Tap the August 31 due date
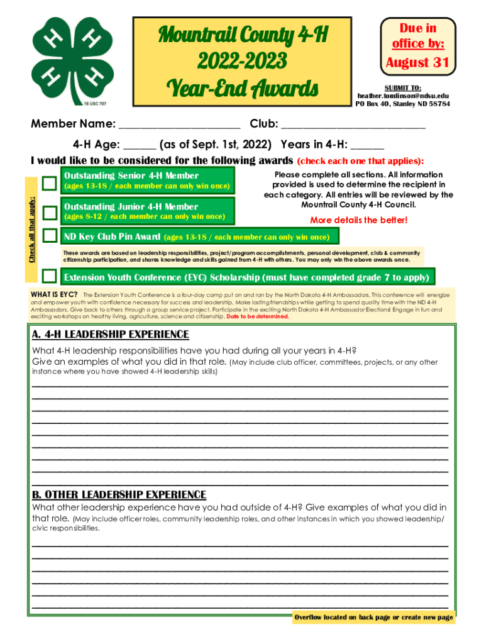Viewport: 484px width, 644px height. (x=417, y=62)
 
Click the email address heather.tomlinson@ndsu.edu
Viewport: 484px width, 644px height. (x=403, y=96)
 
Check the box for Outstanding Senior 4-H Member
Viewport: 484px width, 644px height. (x=50, y=183)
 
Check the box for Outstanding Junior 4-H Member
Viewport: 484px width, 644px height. (x=50, y=213)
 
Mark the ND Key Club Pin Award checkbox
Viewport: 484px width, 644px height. (x=50, y=236)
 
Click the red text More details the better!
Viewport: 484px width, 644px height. (x=358, y=220)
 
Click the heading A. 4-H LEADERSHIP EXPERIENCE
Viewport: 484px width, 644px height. (x=110, y=334)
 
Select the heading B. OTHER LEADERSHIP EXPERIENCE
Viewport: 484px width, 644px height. (x=119, y=494)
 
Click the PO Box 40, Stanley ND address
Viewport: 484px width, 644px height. (x=403, y=104)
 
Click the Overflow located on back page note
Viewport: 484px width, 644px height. (x=373, y=618)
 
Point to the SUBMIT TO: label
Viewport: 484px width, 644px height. (x=403, y=87)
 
